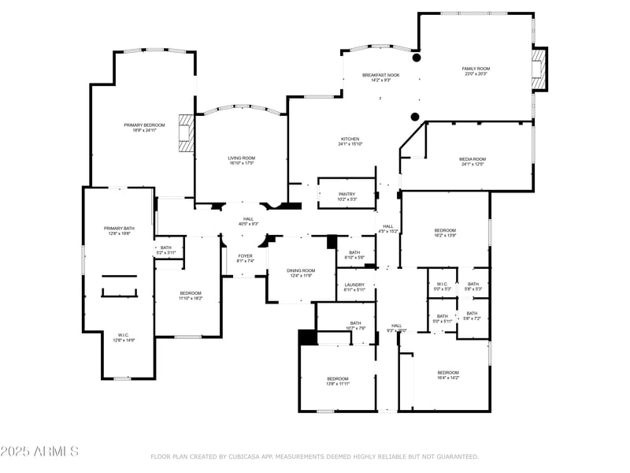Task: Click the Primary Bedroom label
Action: pyautogui.click(x=144, y=125)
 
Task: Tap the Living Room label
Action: pyautogui.click(x=241, y=158)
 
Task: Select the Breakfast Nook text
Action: pyautogui.click(x=380, y=75)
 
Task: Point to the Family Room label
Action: pyautogui.click(x=476, y=69)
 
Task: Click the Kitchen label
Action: pyautogui.click(x=350, y=139)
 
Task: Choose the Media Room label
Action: pyautogui.click(x=472, y=159)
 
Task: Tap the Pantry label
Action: pyautogui.click(x=346, y=194)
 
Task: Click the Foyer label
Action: pyautogui.click(x=246, y=255)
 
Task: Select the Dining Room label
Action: pyautogui.click(x=301, y=270)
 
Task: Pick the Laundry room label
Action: pyautogui.click(x=354, y=285)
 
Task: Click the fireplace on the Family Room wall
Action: pyautogui.click(x=539, y=69)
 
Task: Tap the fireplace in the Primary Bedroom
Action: pyautogui.click(x=185, y=133)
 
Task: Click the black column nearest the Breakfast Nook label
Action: pyautogui.click(x=417, y=58)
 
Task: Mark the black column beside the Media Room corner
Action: pyautogui.click(x=415, y=117)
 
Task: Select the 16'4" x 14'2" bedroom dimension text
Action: pyautogui.click(x=448, y=378)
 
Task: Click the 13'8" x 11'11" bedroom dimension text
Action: pyautogui.click(x=338, y=384)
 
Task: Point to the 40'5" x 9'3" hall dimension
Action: pyautogui.click(x=248, y=224)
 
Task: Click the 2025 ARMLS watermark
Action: pyautogui.click(x=39, y=452)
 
